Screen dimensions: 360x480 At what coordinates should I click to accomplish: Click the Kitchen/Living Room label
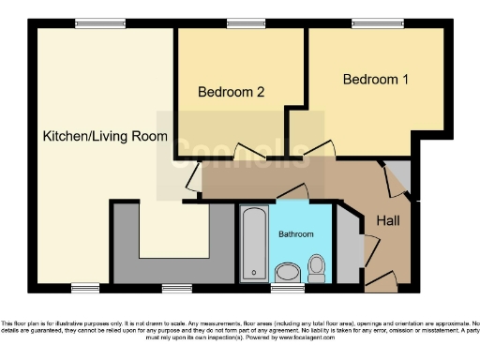tap(105, 137)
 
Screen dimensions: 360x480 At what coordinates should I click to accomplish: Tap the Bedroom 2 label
tap(231, 92)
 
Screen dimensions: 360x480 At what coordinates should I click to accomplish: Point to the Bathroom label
tap(295, 233)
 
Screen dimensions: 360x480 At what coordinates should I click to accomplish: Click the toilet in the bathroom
tap(317, 268)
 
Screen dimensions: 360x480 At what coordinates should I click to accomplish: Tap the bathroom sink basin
tap(288, 273)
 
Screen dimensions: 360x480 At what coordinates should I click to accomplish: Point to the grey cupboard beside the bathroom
tap(348, 246)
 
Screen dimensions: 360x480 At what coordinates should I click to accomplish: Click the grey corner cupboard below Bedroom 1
tap(397, 176)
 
